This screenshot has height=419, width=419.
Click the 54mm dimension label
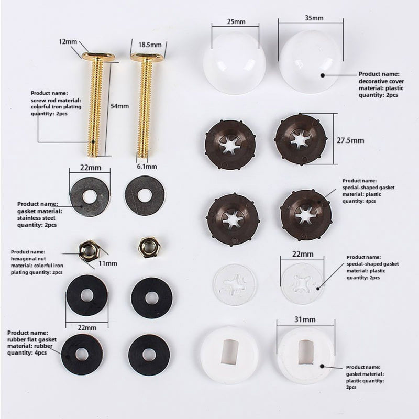120,106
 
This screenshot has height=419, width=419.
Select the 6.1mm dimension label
147,166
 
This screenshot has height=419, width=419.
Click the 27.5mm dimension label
350,140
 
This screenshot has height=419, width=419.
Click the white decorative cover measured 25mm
234,63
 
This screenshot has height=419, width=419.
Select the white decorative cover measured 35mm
311,62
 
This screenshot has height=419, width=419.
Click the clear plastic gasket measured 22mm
302,283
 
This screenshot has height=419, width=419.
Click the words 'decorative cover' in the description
378,82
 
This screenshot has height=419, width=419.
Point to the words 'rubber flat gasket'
32,339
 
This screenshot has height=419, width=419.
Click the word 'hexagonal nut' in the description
27,259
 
